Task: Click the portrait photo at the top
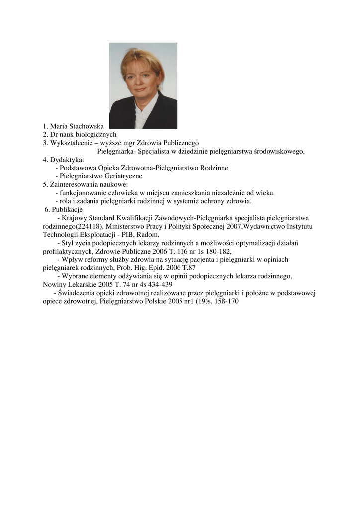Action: [x=143, y=85]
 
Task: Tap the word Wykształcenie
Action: [x=70, y=143]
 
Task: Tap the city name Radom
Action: [x=149, y=234]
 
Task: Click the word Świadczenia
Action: [x=75, y=293]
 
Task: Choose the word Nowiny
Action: [x=52, y=284]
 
